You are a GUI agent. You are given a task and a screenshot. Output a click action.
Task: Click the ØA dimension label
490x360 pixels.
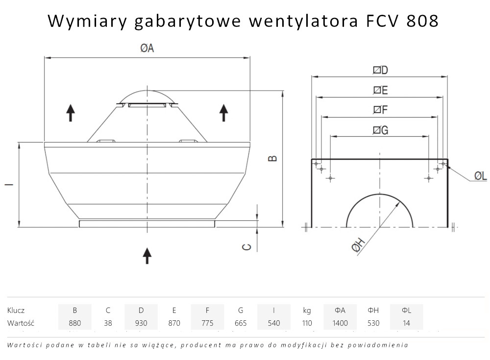147,48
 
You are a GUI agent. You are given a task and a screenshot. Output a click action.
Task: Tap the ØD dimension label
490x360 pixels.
380,70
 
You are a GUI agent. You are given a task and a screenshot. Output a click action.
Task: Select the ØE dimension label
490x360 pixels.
380,90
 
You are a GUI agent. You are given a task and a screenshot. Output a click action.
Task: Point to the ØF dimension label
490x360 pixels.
380,110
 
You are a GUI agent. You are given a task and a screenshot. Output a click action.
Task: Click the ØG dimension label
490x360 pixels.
380,130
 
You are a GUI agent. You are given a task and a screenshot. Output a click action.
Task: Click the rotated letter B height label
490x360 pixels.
273,158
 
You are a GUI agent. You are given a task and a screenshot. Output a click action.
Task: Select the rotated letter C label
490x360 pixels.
247,247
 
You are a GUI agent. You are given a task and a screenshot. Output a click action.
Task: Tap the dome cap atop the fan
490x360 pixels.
147,96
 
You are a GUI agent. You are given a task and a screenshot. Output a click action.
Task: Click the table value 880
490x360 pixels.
74,323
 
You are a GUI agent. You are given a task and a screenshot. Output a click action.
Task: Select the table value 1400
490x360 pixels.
340,323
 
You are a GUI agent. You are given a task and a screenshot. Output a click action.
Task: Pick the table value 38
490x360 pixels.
108,323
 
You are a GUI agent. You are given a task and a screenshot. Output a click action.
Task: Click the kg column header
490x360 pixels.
307,310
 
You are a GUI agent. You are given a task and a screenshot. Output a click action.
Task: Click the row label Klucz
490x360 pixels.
16,310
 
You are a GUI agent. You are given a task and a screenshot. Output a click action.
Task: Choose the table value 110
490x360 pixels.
307,323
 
